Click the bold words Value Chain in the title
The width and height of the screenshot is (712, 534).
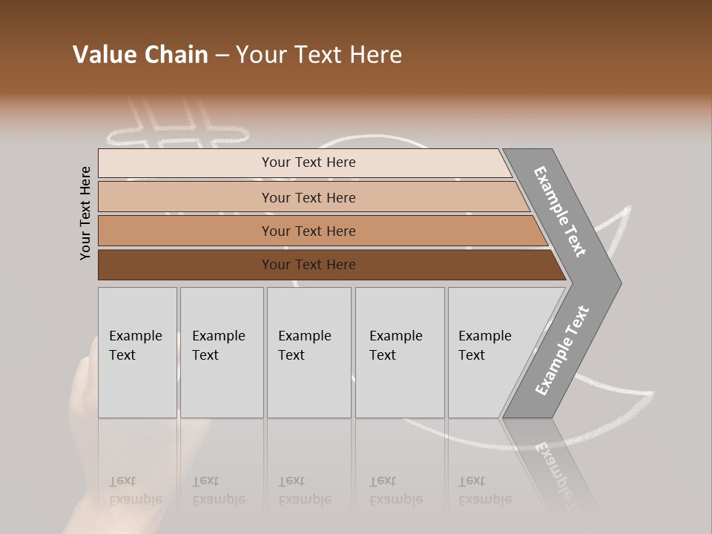140,55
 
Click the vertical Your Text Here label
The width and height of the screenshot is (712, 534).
85,213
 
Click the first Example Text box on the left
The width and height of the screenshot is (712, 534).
137,352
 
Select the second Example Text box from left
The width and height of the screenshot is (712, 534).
222,352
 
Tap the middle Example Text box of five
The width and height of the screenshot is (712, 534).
309,352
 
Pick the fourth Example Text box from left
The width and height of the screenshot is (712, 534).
400,352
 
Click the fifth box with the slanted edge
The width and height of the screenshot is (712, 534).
489,352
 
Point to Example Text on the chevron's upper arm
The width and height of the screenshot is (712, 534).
560,211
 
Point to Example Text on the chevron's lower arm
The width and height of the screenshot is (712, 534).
562,351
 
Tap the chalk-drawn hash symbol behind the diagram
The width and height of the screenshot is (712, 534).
178,126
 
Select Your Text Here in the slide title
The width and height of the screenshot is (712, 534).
319,55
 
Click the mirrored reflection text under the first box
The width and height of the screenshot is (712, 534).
136,490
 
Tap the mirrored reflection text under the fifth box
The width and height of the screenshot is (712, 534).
485,490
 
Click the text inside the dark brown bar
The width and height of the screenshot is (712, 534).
309,265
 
